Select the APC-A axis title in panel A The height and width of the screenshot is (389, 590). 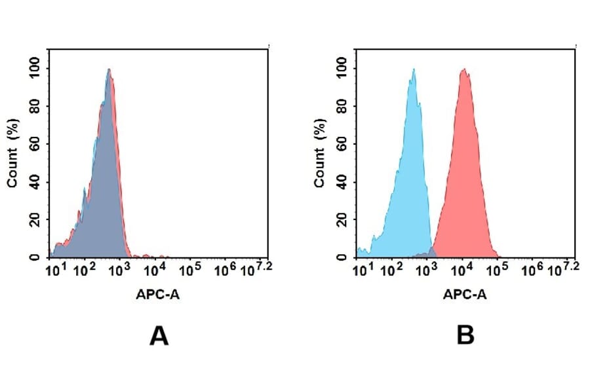coord(158,295)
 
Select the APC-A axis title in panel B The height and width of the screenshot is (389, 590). coord(465,295)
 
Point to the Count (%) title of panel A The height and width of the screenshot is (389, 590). coord(12,153)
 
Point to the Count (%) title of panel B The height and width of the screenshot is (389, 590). coord(319,153)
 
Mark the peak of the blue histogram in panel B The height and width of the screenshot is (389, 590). coord(414,69)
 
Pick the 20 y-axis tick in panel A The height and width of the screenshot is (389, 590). coord(36,220)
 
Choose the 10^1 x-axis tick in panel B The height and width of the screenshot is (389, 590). coord(359,269)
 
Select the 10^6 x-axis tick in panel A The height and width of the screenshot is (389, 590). coord(225,269)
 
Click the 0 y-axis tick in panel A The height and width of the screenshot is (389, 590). coord(39,257)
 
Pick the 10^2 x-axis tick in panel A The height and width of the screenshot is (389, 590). coord(83,269)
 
